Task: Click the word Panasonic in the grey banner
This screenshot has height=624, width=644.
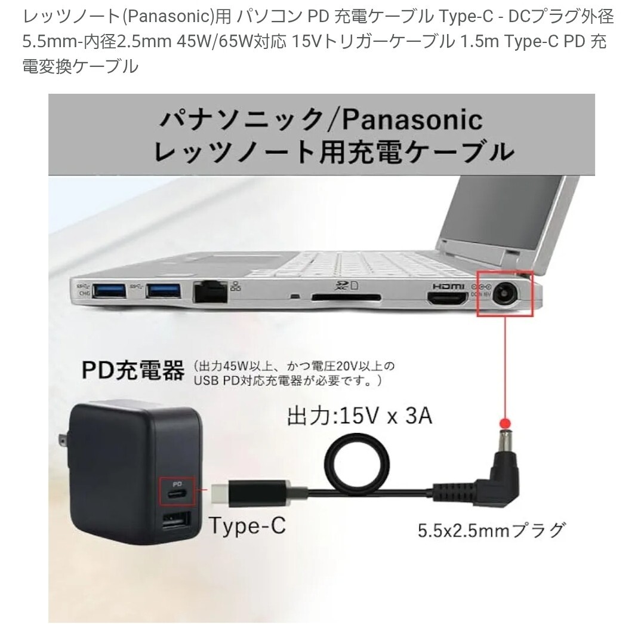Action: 412,119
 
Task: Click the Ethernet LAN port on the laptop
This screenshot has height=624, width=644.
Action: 210,292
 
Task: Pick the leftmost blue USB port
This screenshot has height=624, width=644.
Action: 109,291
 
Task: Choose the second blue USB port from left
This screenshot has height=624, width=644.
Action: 163,291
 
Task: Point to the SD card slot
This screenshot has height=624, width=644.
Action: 346,297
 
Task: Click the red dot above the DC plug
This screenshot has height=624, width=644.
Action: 505,423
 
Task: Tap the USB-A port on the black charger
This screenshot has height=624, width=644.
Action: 177,522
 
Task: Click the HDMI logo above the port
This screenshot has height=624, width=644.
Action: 448,286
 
